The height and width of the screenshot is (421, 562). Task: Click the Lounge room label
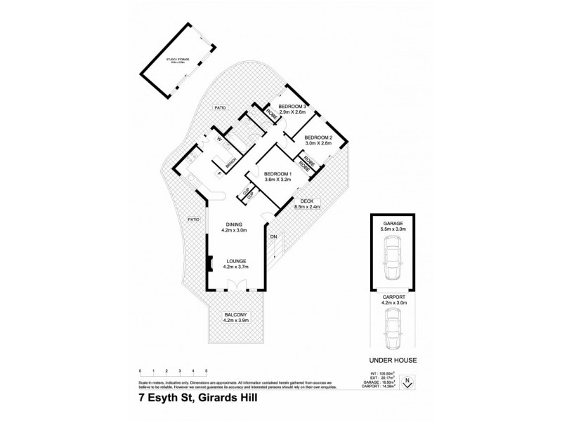pyautogui.click(x=235, y=263)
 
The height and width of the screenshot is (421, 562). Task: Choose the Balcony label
pyautogui.click(x=235, y=316)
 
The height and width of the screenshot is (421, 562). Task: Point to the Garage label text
pyautogui.click(x=392, y=225)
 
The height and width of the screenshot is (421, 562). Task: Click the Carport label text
pyautogui.click(x=392, y=298)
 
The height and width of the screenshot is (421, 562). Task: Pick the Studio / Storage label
pyautogui.click(x=178, y=61)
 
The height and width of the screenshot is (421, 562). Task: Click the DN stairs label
pyautogui.click(x=274, y=236)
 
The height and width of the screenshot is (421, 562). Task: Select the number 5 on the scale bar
pyautogui.click(x=207, y=370)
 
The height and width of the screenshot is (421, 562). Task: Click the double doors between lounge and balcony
pyautogui.click(x=235, y=286)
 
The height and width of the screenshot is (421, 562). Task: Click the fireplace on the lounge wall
pyautogui.click(x=208, y=265)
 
